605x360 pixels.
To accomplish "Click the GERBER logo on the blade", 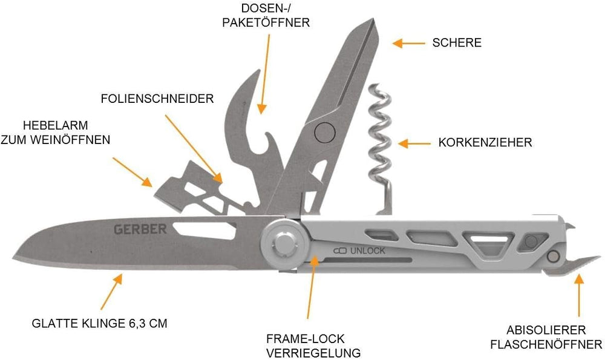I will click(140, 229).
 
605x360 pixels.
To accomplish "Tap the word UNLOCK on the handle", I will click(366, 251).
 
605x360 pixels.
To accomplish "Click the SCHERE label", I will click(457, 42).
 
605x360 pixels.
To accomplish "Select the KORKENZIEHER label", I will click(485, 143).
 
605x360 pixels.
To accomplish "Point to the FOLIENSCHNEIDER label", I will click(157, 99).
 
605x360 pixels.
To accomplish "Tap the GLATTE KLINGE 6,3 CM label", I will click(99, 323).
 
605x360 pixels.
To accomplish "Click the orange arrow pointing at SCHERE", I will click(408, 43).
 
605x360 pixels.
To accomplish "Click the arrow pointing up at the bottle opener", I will click(579, 296).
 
